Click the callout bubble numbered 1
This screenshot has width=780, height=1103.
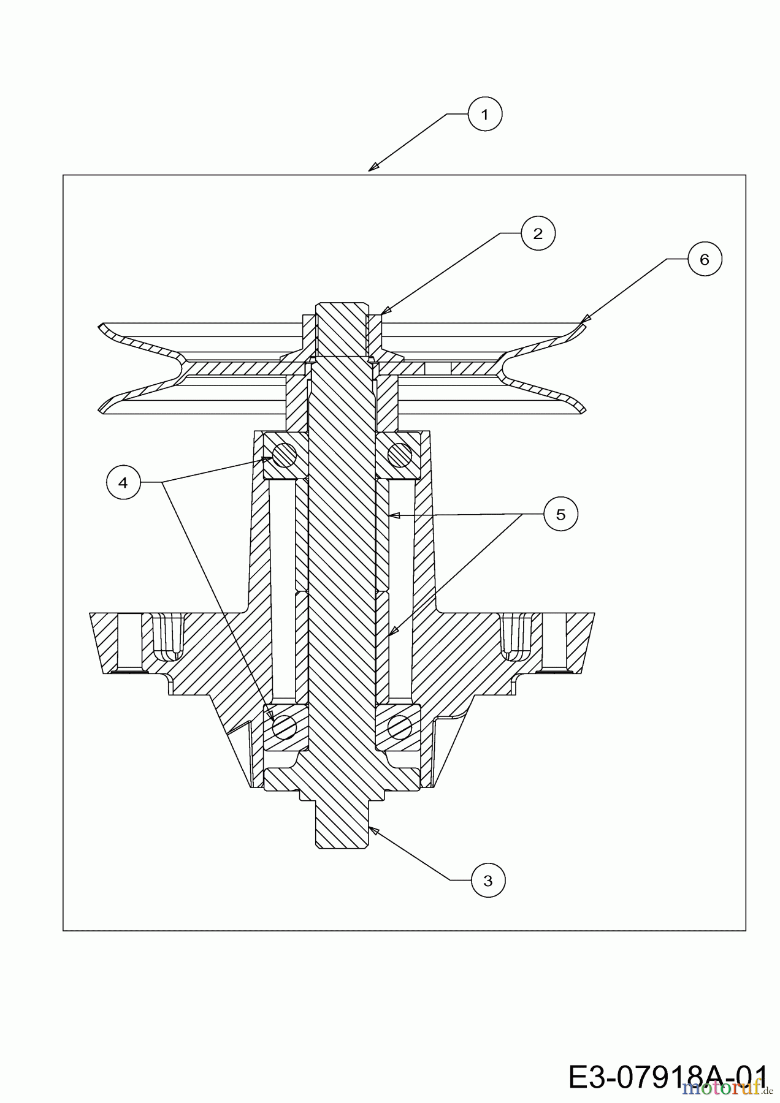click(485, 114)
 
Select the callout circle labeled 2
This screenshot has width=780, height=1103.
click(538, 233)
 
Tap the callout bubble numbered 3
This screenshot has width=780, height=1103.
click(488, 881)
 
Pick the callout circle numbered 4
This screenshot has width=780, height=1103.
click(123, 483)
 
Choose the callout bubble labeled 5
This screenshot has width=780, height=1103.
click(560, 514)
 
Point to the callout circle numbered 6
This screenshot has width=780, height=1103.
click(704, 259)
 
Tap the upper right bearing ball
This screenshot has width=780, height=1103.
click(399, 455)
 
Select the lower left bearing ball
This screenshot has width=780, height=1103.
click(285, 727)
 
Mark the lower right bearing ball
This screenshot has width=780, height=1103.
click(399, 727)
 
